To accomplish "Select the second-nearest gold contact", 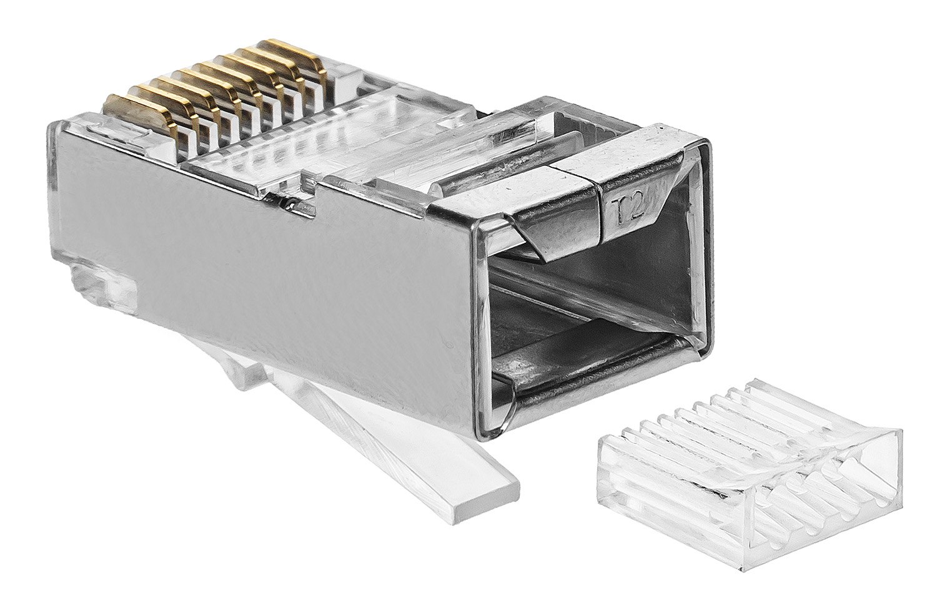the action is click(167, 100).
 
